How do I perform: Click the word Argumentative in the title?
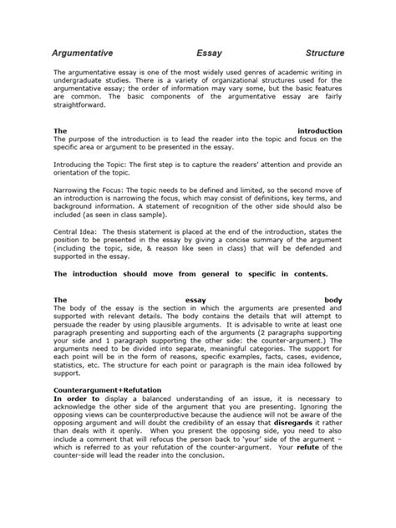84,52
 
